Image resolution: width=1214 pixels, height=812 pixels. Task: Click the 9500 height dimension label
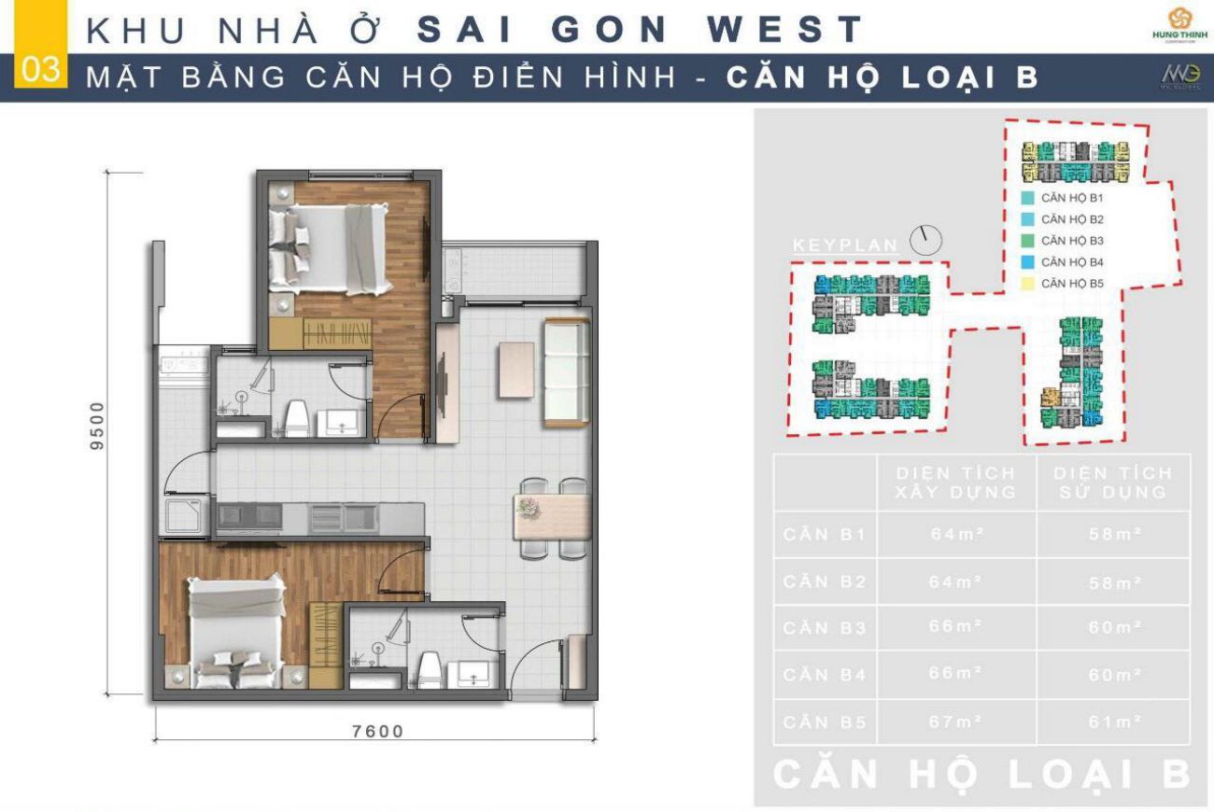[x=97, y=426]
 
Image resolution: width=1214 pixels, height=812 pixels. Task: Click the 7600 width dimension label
[x=378, y=731]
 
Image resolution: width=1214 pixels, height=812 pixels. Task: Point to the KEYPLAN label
[x=845, y=245]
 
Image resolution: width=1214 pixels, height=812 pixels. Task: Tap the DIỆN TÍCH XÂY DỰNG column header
[x=955, y=483]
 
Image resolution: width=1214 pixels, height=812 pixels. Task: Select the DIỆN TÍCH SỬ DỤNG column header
[x=1113, y=483]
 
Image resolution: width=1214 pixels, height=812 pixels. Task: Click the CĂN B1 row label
[x=826, y=535]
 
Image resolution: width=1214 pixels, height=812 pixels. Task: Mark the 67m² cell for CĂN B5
[x=955, y=721]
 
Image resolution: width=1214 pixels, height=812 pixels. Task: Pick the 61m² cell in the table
[x=1114, y=721]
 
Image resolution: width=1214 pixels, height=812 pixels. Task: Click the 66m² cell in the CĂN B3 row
[x=955, y=626]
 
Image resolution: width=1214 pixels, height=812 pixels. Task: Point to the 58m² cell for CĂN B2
[x=1114, y=582]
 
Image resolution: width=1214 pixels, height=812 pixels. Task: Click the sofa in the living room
[x=566, y=371]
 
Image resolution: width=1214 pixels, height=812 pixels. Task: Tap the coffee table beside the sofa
[x=515, y=370]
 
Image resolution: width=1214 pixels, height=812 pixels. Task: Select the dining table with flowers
[x=551, y=517]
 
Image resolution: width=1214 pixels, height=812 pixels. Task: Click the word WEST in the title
[x=784, y=29]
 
